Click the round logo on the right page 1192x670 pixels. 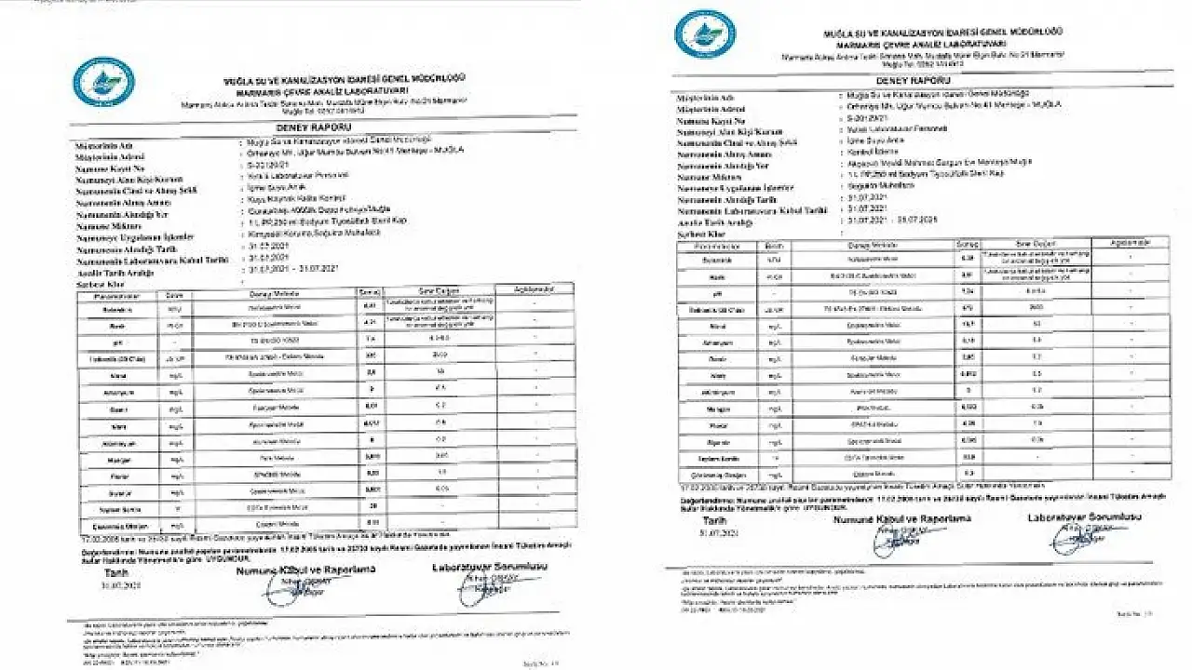click(704, 33)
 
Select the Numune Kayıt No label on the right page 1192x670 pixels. click(711, 121)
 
